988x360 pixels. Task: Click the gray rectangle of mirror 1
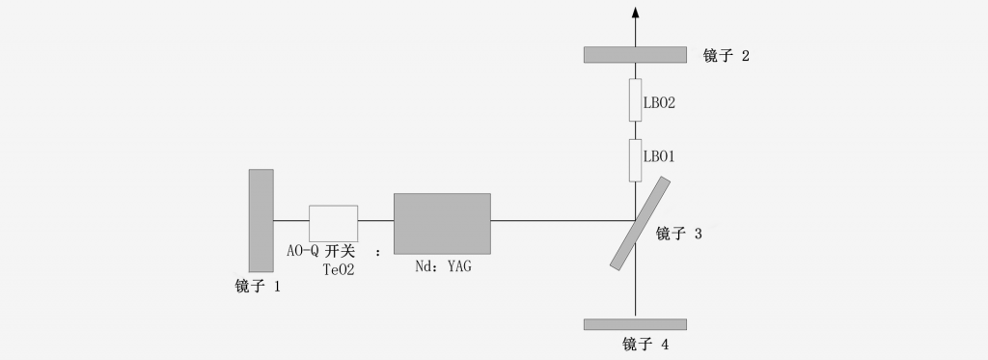[x=261, y=220]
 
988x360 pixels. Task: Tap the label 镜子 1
[x=258, y=287]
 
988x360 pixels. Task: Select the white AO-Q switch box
[x=333, y=223]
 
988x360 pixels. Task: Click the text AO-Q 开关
[x=321, y=252]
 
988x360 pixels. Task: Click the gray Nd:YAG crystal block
[x=442, y=223]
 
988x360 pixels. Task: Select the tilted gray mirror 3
[x=641, y=222]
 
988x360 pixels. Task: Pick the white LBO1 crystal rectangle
[x=635, y=159]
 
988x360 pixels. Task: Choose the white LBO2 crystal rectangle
[x=635, y=99]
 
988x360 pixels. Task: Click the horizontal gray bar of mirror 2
[x=635, y=54]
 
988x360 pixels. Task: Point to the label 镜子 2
[x=727, y=55]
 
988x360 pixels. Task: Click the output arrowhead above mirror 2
[x=635, y=12]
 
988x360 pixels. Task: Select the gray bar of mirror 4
[x=635, y=324]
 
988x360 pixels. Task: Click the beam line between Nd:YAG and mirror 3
[x=560, y=221]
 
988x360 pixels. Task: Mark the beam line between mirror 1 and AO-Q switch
[x=290, y=221]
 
